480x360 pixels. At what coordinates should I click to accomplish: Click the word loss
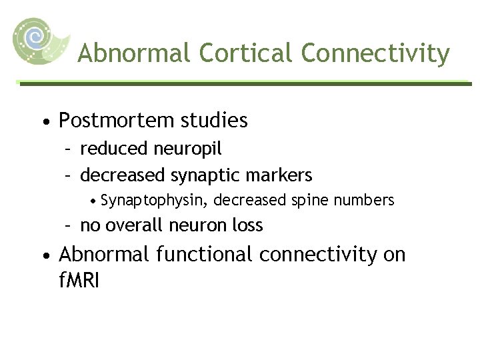tap(247, 225)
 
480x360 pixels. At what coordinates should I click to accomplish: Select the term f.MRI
tap(79, 280)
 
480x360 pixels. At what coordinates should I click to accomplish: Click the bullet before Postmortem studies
tap(44, 122)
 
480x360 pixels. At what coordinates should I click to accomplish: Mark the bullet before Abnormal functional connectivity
tap(44, 255)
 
